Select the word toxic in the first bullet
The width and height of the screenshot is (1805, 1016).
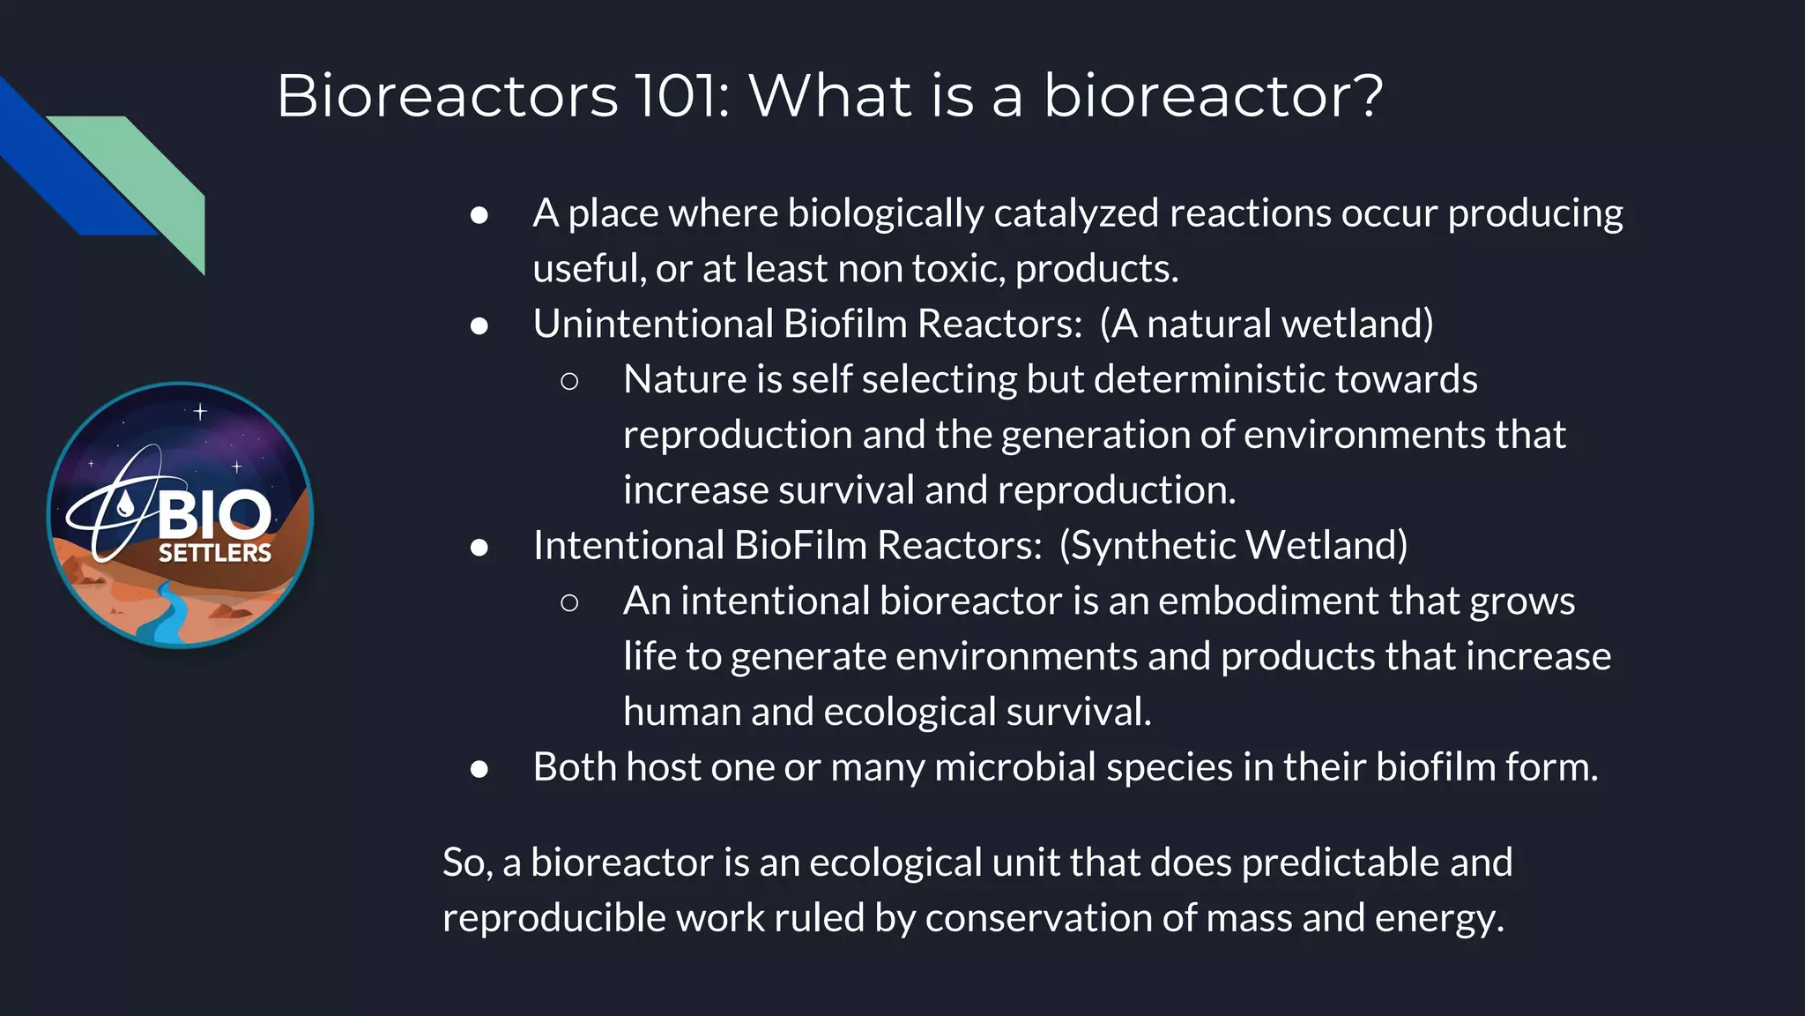click(957, 269)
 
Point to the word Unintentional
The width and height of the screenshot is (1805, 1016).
click(652, 324)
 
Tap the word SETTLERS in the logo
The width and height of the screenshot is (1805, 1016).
click(214, 553)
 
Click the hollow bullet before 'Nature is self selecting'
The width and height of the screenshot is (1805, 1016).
click(569, 381)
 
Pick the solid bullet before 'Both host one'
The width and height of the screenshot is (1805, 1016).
click(479, 769)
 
